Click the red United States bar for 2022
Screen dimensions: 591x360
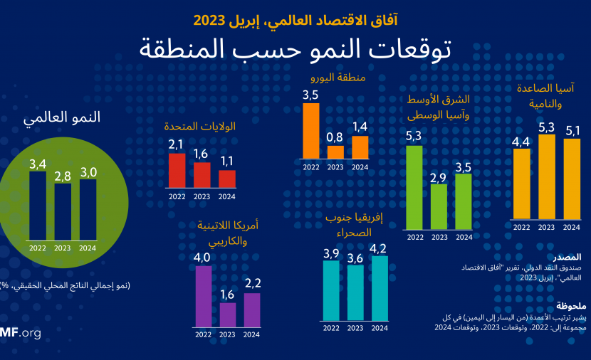(x=177, y=171)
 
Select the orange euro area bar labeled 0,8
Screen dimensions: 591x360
(x=335, y=152)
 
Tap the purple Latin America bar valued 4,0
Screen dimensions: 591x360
(x=204, y=297)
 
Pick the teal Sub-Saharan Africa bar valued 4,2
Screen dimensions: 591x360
(x=380, y=288)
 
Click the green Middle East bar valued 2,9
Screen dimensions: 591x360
(x=439, y=207)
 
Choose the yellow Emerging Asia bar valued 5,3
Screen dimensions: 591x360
(x=547, y=176)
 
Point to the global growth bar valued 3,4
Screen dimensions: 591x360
(x=38, y=206)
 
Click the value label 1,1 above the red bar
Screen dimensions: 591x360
(x=227, y=162)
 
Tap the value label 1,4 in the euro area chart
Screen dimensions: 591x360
(x=360, y=127)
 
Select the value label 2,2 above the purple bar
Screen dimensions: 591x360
(x=253, y=283)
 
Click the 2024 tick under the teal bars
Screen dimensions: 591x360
(x=380, y=328)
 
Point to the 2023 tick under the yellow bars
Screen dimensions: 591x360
(x=547, y=227)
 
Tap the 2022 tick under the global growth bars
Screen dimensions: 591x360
(x=38, y=248)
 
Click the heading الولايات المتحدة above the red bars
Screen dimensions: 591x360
(x=200, y=126)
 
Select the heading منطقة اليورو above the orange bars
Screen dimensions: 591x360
(x=338, y=78)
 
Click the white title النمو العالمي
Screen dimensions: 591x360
(x=62, y=117)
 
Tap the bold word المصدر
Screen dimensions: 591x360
(x=568, y=258)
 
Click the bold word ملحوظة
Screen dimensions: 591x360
(x=571, y=306)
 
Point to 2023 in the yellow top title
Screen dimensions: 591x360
(x=209, y=21)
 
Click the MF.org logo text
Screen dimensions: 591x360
(x=21, y=333)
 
